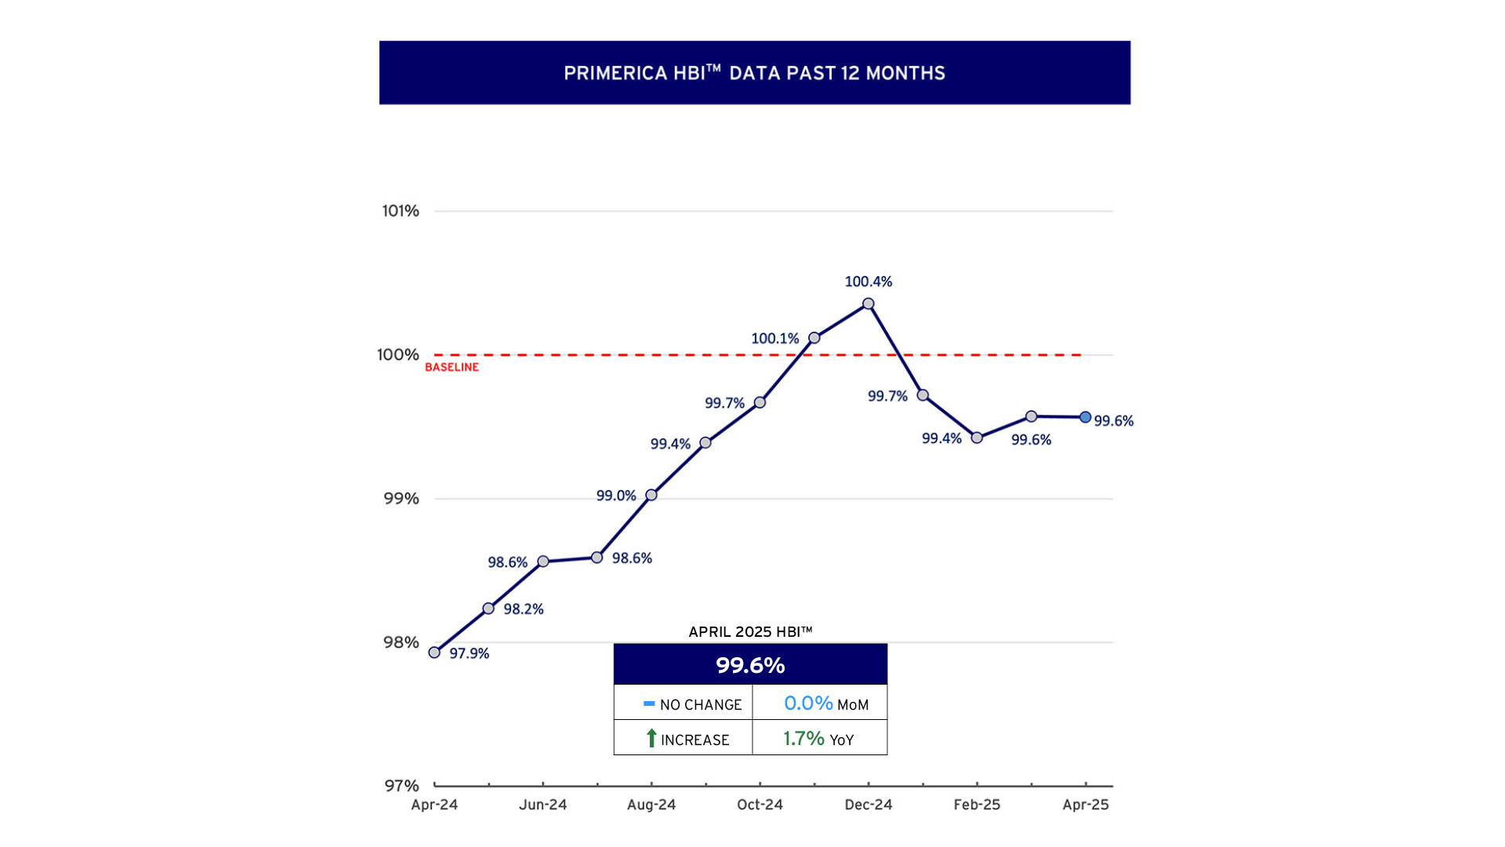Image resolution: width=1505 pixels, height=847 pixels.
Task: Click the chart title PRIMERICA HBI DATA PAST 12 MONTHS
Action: pos(754,73)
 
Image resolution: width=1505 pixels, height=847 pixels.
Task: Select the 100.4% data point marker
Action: pos(868,304)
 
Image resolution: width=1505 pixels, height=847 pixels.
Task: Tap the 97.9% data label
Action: pos(469,653)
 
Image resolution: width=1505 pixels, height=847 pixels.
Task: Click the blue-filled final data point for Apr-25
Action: pos(1085,417)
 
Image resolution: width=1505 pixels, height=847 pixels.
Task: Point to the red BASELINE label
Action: pos(451,367)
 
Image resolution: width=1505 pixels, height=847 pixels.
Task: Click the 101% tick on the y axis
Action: pos(401,211)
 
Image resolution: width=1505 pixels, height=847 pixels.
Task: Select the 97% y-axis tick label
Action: pos(401,786)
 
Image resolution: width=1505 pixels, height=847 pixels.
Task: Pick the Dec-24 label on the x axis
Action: pos(868,805)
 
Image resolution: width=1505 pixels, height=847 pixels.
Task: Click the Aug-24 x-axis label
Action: pos(651,805)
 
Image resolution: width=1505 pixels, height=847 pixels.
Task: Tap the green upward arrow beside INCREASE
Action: pos(651,738)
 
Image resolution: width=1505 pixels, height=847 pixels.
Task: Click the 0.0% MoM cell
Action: pos(825,703)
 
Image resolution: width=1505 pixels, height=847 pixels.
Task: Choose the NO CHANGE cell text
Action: pos(700,705)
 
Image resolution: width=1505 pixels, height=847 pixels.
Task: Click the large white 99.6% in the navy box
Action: pos(750,665)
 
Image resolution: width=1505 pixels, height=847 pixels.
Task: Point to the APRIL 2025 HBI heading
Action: pos(750,632)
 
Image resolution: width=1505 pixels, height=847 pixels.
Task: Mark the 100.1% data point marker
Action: pos(814,338)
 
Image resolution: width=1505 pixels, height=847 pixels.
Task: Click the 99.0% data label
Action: pos(616,496)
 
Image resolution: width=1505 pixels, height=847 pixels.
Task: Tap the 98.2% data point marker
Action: pos(488,609)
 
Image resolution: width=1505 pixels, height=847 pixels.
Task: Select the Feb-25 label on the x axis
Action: pos(977,805)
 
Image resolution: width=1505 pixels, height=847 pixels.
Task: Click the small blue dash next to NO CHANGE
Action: pos(648,703)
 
